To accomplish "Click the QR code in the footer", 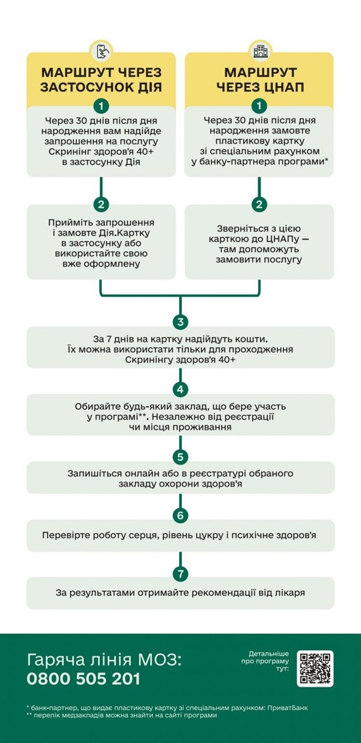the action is pyautogui.click(x=315, y=668).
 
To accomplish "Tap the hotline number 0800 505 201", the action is pyautogui.click(x=84, y=679).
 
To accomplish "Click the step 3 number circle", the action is pyautogui.click(x=180, y=322).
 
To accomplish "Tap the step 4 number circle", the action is pyautogui.click(x=180, y=389).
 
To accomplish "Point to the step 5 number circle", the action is pyautogui.click(x=180, y=458).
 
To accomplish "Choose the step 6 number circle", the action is pyautogui.click(x=180, y=515).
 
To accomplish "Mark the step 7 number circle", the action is pyautogui.click(x=180, y=573).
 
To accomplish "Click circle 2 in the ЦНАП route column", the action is pyautogui.click(x=259, y=204).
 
